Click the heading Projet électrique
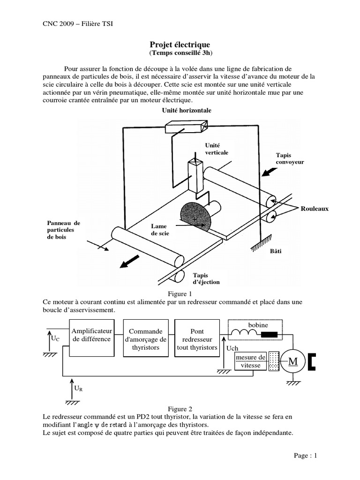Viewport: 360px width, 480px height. point(180,44)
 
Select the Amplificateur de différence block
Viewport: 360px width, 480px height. point(91,335)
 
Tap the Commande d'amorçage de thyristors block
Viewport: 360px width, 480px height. point(146,339)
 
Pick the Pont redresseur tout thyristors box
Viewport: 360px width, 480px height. point(197,339)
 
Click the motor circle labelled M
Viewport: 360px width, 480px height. point(293,361)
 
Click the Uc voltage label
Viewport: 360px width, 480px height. point(55,338)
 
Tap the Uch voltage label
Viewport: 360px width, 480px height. point(232,349)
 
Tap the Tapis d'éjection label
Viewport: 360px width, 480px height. point(206,278)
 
